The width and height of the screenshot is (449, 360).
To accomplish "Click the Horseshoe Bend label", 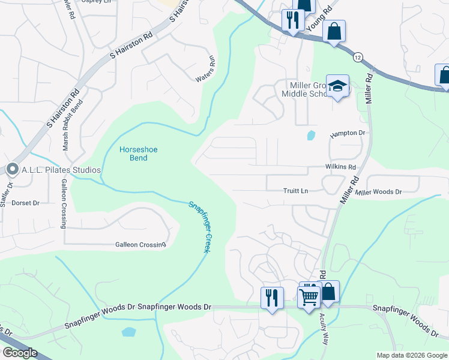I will pyautogui.click(x=130, y=154).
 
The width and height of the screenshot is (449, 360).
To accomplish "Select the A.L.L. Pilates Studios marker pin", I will pyautogui.click(x=12, y=170).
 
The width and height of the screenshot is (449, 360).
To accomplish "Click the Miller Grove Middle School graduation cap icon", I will pyautogui.click(x=337, y=86).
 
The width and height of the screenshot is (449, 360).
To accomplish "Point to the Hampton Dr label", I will pyautogui.click(x=348, y=133).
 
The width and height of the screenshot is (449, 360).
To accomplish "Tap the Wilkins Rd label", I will pyautogui.click(x=340, y=167).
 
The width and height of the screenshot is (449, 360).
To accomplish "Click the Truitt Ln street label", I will pyautogui.click(x=295, y=191).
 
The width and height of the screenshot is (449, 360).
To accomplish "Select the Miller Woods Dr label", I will pyautogui.click(x=378, y=192).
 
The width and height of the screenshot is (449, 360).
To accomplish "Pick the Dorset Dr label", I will pyautogui.click(x=25, y=203).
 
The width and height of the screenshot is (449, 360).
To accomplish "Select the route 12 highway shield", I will pyautogui.click(x=358, y=56).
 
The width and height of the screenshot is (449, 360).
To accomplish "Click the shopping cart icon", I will pyautogui.click(x=309, y=295).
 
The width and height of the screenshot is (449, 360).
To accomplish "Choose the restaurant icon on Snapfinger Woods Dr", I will pyautogui.click(x=272, y=297).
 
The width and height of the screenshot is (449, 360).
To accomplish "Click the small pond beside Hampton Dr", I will pyautogui.click(x=310, y=136).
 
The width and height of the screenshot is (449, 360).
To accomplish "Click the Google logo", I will pyautogui.click(x=20, y=353).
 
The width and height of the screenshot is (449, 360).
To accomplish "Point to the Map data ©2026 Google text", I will pyautogui.click(x=411, y=355).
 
